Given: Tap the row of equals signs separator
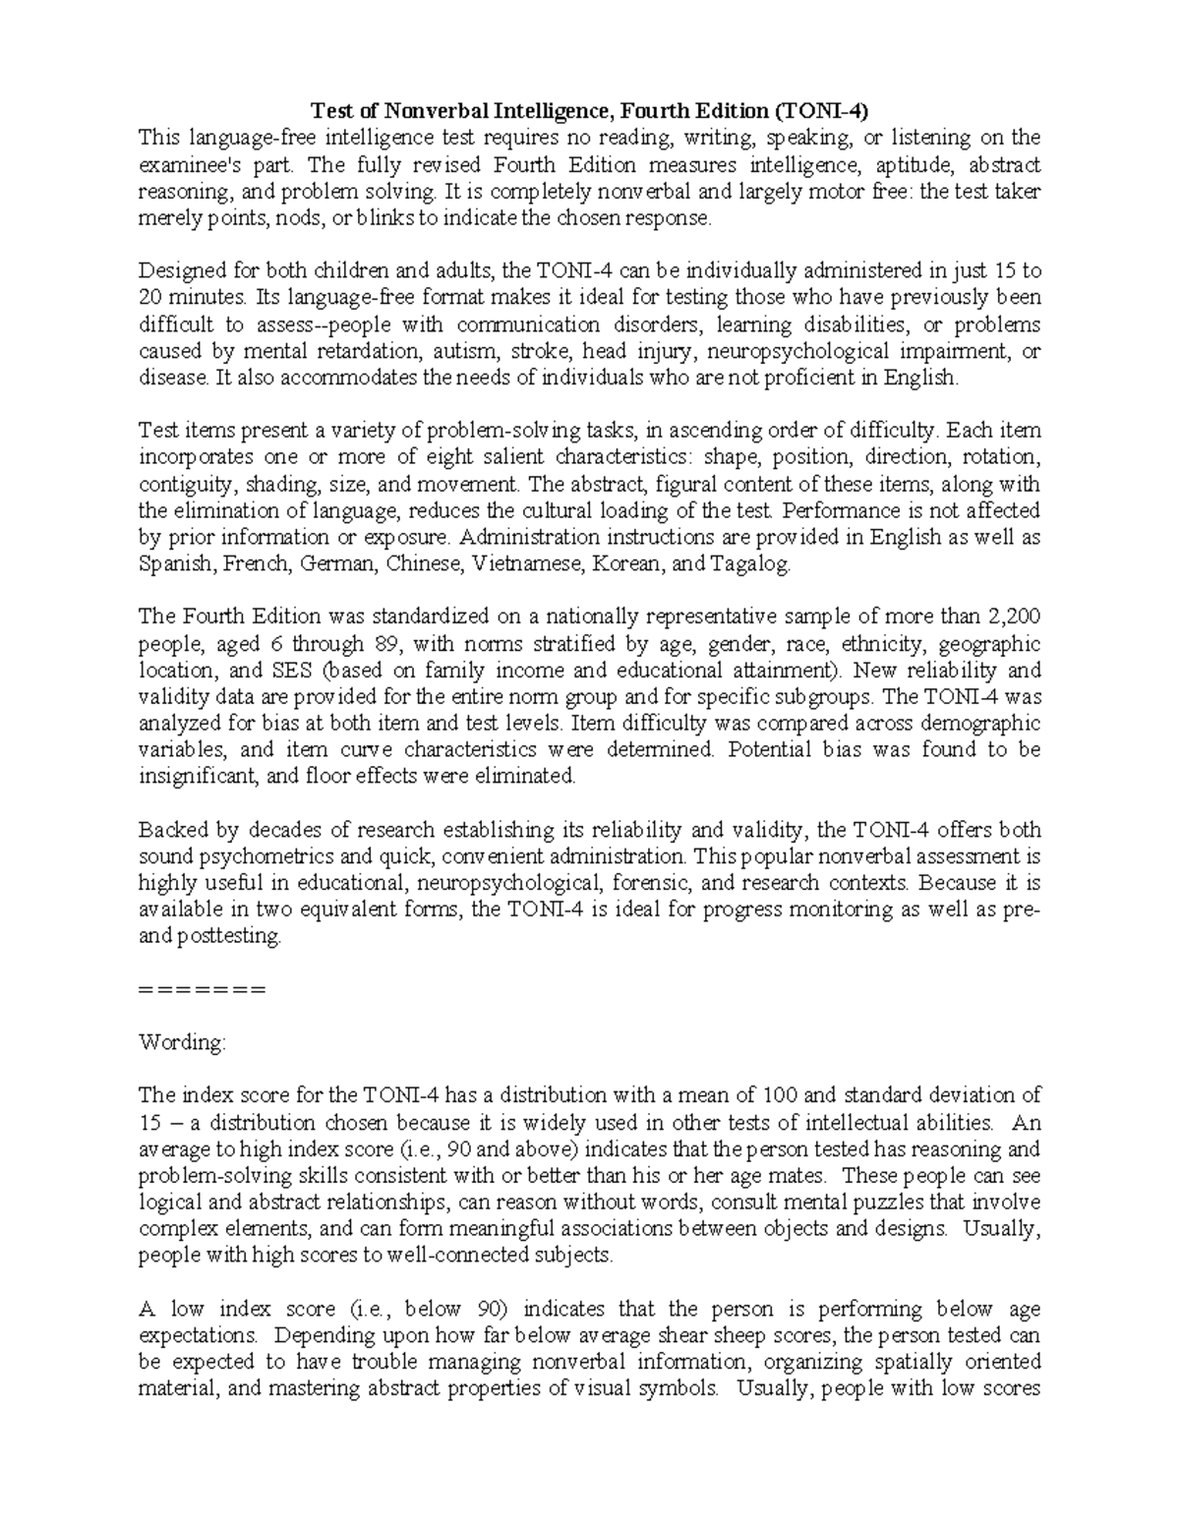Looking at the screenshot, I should pos(203,989).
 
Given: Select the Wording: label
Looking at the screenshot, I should pos(183,1042).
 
